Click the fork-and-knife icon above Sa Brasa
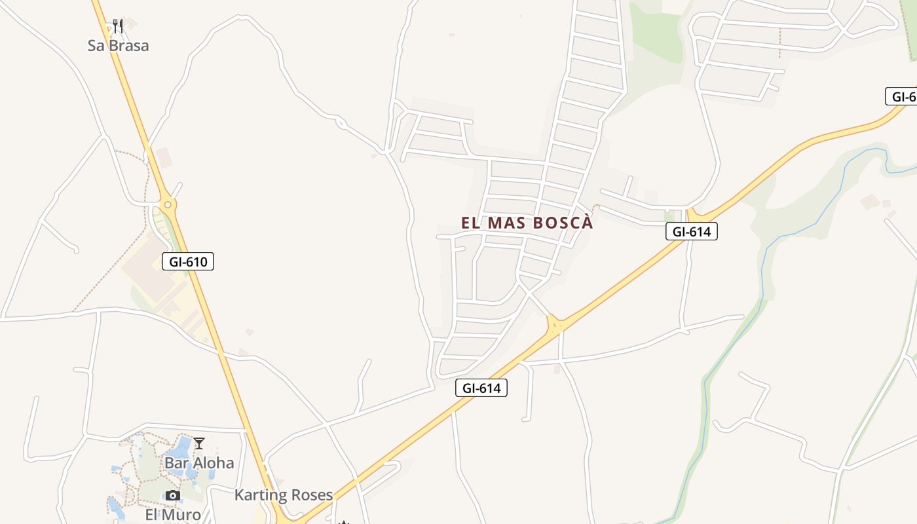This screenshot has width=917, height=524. pos(118,26)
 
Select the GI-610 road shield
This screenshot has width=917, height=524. pos(188,262)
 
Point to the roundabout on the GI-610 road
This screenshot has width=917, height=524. pos(168,205)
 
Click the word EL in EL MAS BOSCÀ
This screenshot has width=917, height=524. pos(471,223)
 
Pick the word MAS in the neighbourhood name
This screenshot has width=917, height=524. pos(506,223)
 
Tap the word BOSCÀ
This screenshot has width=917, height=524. pos(563,223)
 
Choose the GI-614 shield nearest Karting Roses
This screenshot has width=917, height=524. pos(481,388)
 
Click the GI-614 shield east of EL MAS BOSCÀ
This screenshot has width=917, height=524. pos(692,231)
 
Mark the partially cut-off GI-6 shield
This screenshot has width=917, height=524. pos(903,97)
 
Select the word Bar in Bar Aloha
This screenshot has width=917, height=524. pos(176,463)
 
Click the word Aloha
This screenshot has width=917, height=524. pos(212,463)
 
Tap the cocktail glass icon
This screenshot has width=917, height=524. pos(199,443)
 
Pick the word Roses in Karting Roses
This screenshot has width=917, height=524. pos(313,495)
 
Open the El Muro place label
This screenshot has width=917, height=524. pos(173,515)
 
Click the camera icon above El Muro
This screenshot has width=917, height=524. pos(172,495)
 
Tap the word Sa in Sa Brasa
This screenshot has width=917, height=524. pos(96,46)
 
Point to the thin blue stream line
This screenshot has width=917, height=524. pos(766,262)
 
